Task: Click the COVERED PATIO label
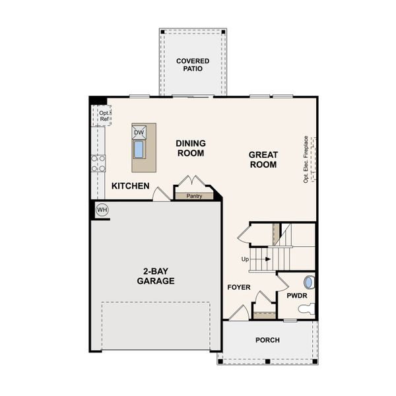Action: coord(193,65)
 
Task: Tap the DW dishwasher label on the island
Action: coord(139,133)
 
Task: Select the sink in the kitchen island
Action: coord(139,149)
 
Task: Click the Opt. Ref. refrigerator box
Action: coord(103,116)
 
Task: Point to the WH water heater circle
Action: coord(102,210)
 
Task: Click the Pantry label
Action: coord(194,196)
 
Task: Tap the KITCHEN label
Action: coord(130,186)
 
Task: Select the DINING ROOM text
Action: coord(190,148)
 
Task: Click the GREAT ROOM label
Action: coord(263,160)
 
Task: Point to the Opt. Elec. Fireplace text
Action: coord(306,159)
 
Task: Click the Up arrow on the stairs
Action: coord(259,259)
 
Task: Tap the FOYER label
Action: coord(238,287)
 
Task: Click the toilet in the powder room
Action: coord(306,308)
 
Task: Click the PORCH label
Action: coord(267,340)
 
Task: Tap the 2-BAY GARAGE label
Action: coord(156,276)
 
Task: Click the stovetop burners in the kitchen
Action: coord(98,163)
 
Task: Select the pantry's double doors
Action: coord(193,182)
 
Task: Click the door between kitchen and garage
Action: coord(160,195)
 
